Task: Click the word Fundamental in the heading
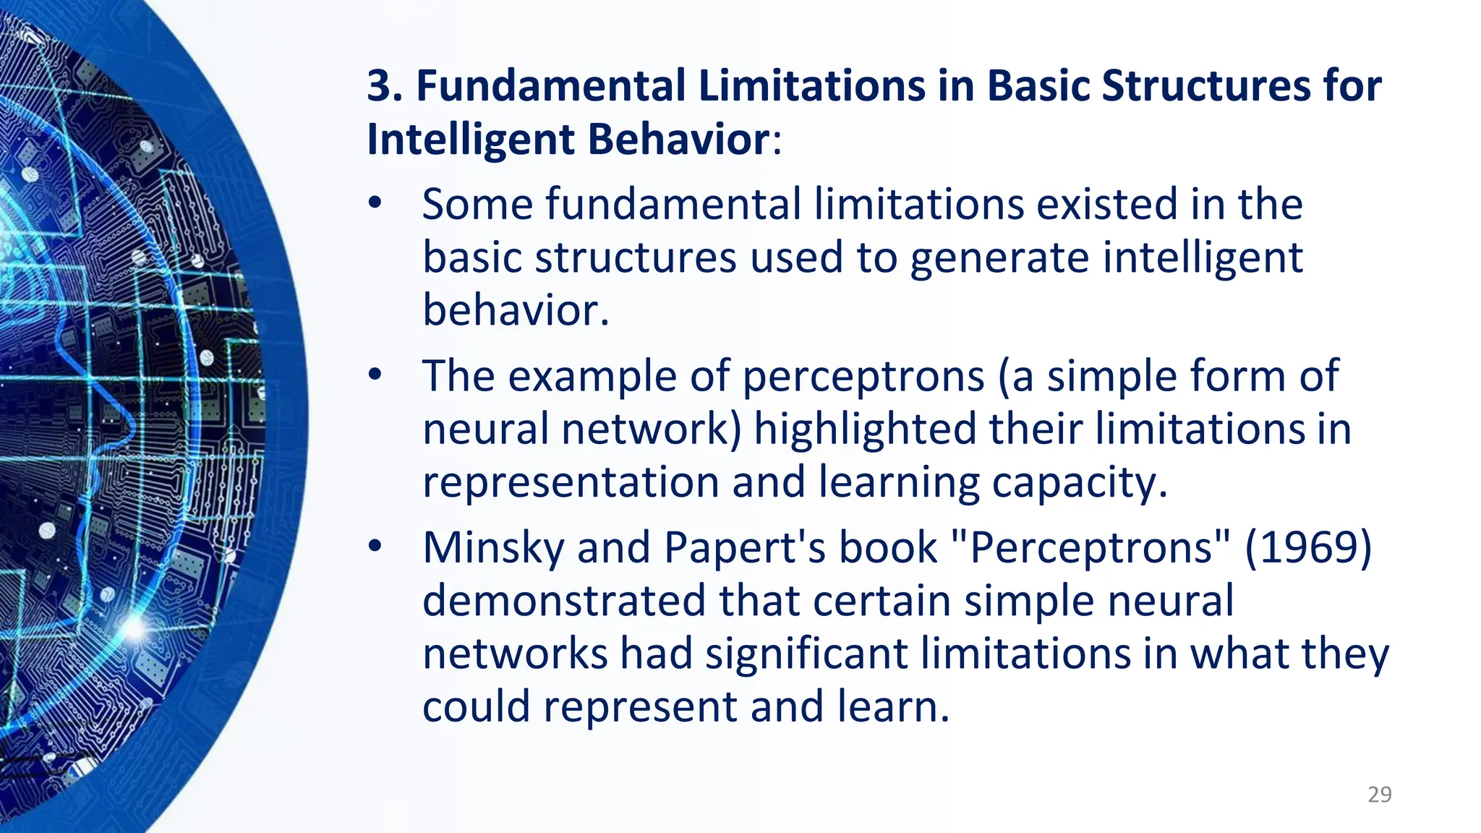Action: pyautogui.click(x=550, y=86)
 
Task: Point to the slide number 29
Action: pyautogui.click(x=1380, y=795)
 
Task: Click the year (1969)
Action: pyautogui.click(x=1307, y=547)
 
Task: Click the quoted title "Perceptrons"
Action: pyautogui.click(x=1090, y=548)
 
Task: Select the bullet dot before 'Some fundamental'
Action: pyautogui.click(x=375, y=204)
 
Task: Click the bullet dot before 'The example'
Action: pyautogui.click(x=375, y=375)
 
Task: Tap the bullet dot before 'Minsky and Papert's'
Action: pyautogui.click(x=375, y=547)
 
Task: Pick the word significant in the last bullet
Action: pyautogui.click(x=806, y=654)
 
